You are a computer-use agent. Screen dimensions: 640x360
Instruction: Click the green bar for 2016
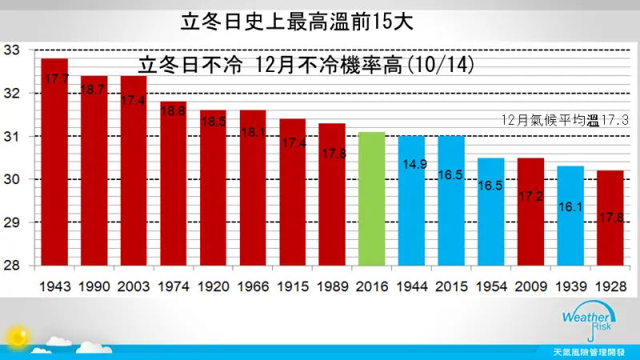pos(371,198)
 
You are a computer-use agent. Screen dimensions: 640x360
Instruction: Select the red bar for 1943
pos(54,162)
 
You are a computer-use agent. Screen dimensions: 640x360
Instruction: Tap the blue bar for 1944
pos(411,201)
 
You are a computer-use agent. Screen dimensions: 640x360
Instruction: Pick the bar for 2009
pos(530,212)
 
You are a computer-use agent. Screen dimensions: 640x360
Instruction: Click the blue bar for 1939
pos(570,216)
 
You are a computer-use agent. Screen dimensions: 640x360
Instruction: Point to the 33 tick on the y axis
pos(11,50)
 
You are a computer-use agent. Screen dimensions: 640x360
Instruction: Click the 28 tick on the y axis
pos(11,266)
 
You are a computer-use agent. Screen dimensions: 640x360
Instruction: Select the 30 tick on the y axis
pos(11,179)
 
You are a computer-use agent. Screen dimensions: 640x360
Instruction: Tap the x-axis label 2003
pos(134,286)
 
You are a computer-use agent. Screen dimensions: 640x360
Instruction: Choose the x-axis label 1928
pos(610,286)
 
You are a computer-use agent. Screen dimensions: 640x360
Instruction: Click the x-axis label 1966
pos(253,286)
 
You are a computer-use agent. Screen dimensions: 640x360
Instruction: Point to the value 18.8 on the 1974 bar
pos(173,110)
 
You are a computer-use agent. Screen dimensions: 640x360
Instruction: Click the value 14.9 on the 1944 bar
pos(414,164)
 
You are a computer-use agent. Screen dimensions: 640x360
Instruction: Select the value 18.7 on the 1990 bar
pos(92,90)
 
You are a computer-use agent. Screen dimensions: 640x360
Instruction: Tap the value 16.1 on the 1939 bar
pos(570,207)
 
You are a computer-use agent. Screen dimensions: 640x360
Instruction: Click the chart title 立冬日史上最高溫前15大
pos(297,22)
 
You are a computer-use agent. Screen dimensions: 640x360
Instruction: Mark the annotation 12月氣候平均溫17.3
pos(565,121)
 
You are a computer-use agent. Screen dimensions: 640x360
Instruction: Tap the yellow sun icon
pos(18,337)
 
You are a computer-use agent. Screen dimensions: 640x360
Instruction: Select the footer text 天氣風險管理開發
pos(589,352)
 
